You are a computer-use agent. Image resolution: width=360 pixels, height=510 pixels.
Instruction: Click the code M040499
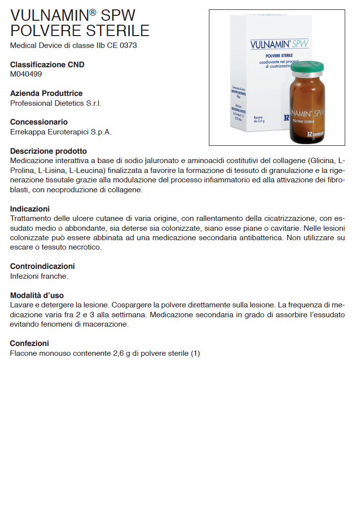(x=26, y=74)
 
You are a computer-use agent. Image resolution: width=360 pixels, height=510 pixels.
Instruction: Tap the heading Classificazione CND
(x=47, y=65)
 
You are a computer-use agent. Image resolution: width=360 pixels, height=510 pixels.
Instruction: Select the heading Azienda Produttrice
(x=46, y=93)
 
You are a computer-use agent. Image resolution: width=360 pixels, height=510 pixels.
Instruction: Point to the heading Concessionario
(x=39, y=122)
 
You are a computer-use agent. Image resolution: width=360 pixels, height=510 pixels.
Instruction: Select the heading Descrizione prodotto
(x=48, y=151)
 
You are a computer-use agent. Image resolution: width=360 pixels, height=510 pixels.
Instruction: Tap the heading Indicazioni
(x=30, y=209)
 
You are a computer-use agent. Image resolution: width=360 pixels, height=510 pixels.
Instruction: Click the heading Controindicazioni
(x=42, y=266)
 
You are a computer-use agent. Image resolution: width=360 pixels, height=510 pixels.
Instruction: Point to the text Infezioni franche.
(x=39, y=276)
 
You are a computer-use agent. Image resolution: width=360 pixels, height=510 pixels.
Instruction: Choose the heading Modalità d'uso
(x=37, y=296)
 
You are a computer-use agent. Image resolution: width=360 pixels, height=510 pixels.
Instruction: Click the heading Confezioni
(x=30, y=343)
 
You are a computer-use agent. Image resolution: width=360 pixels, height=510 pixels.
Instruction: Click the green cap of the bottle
(x=307, y=67)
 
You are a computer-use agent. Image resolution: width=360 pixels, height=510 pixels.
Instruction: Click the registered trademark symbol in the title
(x=93, y=11)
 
